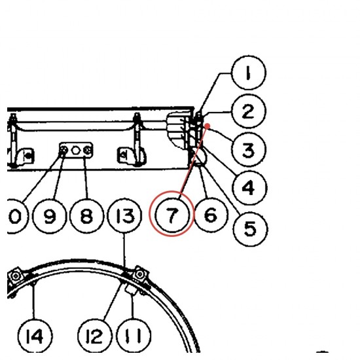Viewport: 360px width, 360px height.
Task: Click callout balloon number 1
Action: click(249, 73)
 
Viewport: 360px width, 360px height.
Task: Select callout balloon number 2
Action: click(249, 111)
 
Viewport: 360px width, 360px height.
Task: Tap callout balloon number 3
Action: click(249, 149)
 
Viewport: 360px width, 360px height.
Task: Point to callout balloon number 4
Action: click(249, 188)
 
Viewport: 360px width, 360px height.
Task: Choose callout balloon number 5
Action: click(250, 228)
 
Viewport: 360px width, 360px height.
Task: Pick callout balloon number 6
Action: click(211, 215)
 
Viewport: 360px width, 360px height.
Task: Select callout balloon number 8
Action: click(87, 216)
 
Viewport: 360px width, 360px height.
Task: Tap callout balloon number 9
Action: click(50, 216)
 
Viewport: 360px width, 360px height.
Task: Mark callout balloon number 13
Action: click(124, 216)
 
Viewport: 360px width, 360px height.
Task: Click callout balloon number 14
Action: click(35, 336)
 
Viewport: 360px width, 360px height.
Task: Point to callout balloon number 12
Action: click(95, 336)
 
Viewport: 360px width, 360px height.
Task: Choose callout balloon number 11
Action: click(134, 336)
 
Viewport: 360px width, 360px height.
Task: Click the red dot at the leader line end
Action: click(207, 126)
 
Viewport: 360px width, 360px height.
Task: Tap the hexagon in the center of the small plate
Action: click(75, 151)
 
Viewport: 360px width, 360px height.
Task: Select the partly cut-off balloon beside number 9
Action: click(16, 216)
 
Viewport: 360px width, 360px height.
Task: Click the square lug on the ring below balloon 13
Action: click(140, 274)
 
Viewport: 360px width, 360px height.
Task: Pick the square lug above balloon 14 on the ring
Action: click(15, 276)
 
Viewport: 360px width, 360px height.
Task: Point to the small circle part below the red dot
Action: click(200, 156)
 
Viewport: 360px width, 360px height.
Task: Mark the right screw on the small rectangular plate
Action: click(87, 151)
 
